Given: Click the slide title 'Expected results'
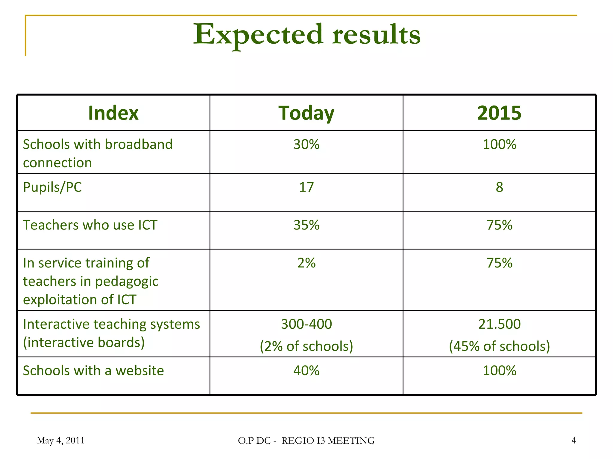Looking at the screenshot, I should [306, 35].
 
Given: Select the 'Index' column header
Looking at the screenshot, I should [113, 113].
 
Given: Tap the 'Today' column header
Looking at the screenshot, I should [306, 113].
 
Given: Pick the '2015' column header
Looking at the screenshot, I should [499, 113].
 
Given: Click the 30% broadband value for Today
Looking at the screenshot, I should [306, 144].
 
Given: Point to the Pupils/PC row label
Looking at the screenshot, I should [52, 187].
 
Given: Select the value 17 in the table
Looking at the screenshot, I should [306, 187].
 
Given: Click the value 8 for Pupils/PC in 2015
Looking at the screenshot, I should [499, 187].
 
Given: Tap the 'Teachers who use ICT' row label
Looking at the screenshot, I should [90, 225].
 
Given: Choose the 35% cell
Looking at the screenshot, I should [306, 225].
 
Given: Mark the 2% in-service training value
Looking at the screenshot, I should [306, 263].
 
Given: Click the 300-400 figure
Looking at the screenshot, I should [306, 324].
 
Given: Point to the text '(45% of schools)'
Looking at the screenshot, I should [499, 346].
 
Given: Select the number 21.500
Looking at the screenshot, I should [499, 324].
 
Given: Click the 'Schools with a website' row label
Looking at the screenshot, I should [93, 371].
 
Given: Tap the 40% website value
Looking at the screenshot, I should [306, 371].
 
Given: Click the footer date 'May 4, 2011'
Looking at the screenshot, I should [60, 440].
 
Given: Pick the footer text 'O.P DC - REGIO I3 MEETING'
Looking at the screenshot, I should [306, 440].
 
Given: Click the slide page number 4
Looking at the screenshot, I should [573, 440].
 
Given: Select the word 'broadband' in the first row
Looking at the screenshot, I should [139, 144].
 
